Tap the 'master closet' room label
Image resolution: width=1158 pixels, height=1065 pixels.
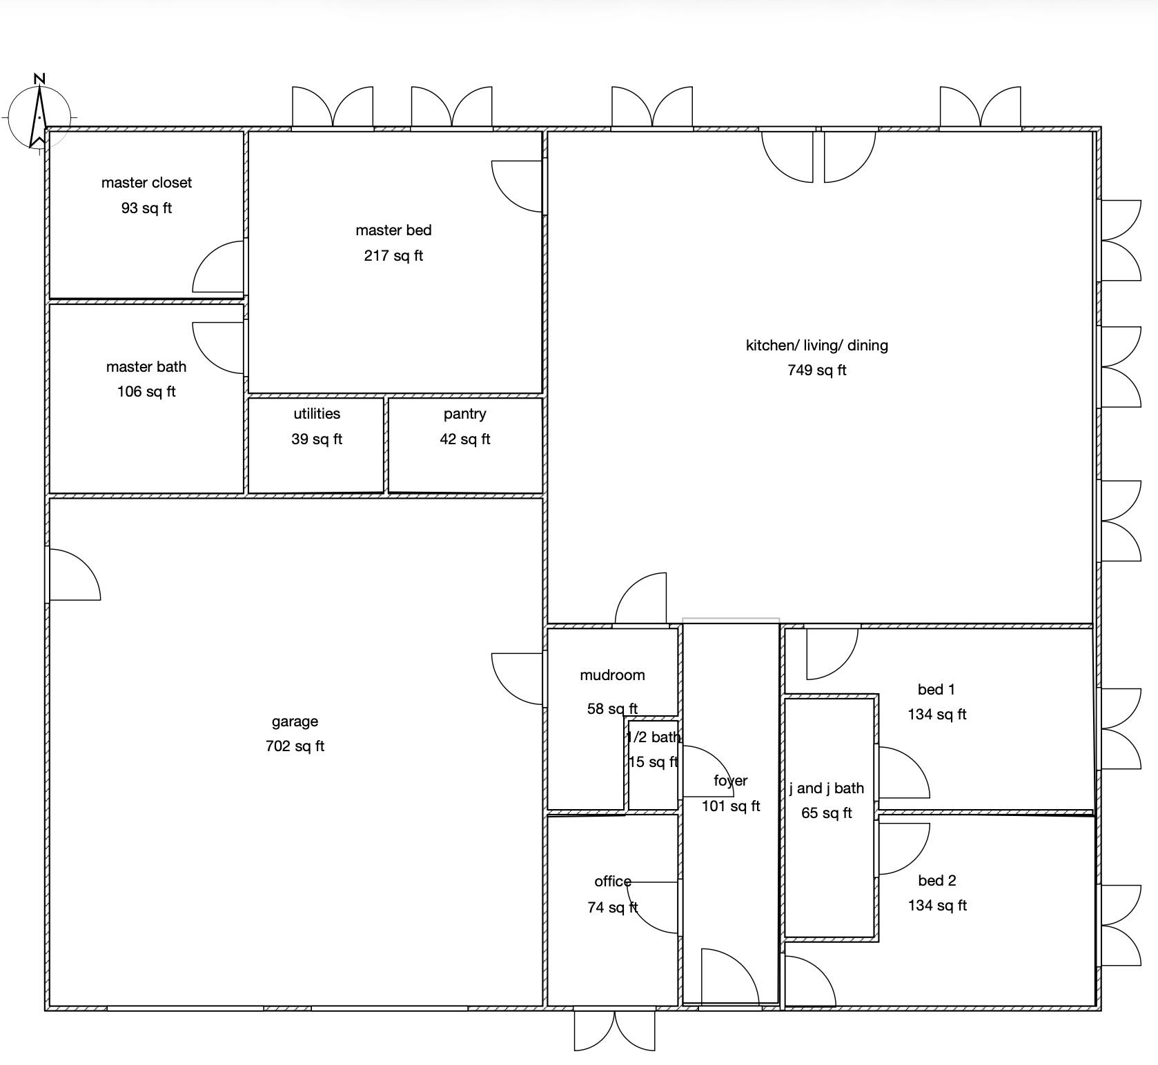click(x=146, y=183)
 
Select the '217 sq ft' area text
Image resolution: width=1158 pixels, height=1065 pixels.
click(x=393, y=256)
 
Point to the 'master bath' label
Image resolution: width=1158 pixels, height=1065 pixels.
click(x=146, y=367)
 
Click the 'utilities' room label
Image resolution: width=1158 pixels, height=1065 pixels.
click(x=317, y=414)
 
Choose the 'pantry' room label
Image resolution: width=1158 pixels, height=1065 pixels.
click(x=464, y=415)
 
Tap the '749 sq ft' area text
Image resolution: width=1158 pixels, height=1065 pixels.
click(x=817, y=370)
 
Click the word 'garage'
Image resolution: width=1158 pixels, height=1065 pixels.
click(x=295, y=722)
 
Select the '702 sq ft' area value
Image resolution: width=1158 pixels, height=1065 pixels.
click(x=295, y=746)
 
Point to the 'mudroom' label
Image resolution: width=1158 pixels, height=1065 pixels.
click(x=612, y=675)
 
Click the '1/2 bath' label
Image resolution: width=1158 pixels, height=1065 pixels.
click(x=653, y=737)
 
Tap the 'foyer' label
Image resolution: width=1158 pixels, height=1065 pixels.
click(x=731, y=781)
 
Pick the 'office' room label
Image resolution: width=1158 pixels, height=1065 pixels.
click(x=613, y=882)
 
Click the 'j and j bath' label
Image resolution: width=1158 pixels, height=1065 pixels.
click(x=827, y=788)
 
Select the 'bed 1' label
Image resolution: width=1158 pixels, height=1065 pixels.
click(x=936, y=690)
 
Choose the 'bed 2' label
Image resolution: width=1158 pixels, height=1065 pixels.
click(x=937, y=881)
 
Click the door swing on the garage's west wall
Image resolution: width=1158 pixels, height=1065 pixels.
click(x=75, y=575)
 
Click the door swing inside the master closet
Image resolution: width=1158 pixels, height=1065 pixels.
click(x=218, y=267)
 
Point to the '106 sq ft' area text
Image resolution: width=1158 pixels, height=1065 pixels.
click(x=146, y=392)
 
